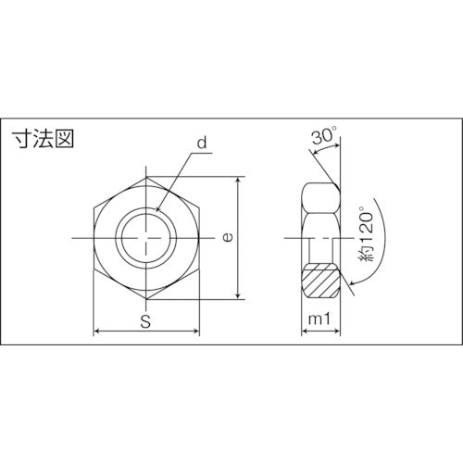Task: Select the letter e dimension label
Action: (227, 237)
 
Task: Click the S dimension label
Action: (147, 322)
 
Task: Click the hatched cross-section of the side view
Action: (320, 281)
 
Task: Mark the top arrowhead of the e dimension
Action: (240, 180)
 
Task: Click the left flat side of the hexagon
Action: (95, 238)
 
